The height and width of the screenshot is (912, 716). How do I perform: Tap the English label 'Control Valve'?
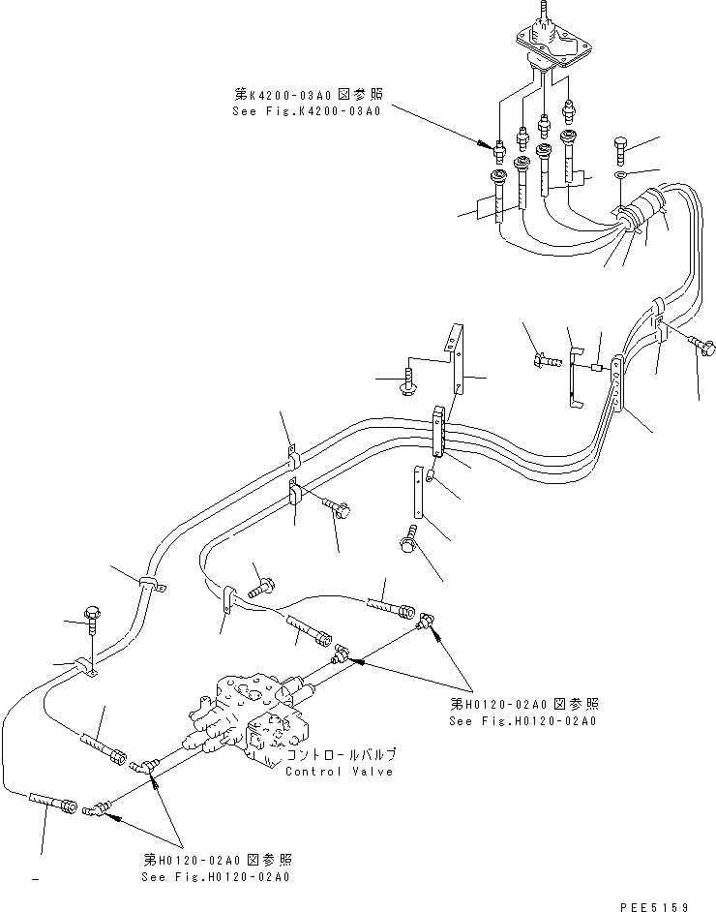(339, 772)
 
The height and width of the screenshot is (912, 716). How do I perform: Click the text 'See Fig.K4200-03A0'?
(306, 110)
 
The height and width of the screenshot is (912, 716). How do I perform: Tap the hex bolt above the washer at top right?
(621, 151)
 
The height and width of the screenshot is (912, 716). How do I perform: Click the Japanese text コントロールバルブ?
(339, 755)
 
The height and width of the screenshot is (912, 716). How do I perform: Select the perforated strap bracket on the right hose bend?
(617, 397)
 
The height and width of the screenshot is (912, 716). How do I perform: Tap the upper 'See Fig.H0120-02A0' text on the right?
(522, 721)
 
